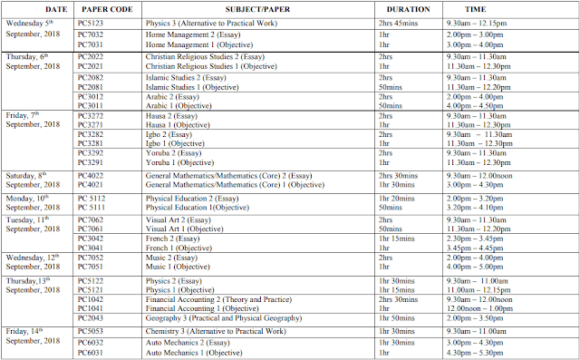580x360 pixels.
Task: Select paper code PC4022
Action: coord(92,176)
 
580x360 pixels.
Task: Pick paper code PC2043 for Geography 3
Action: coord(92,319)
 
